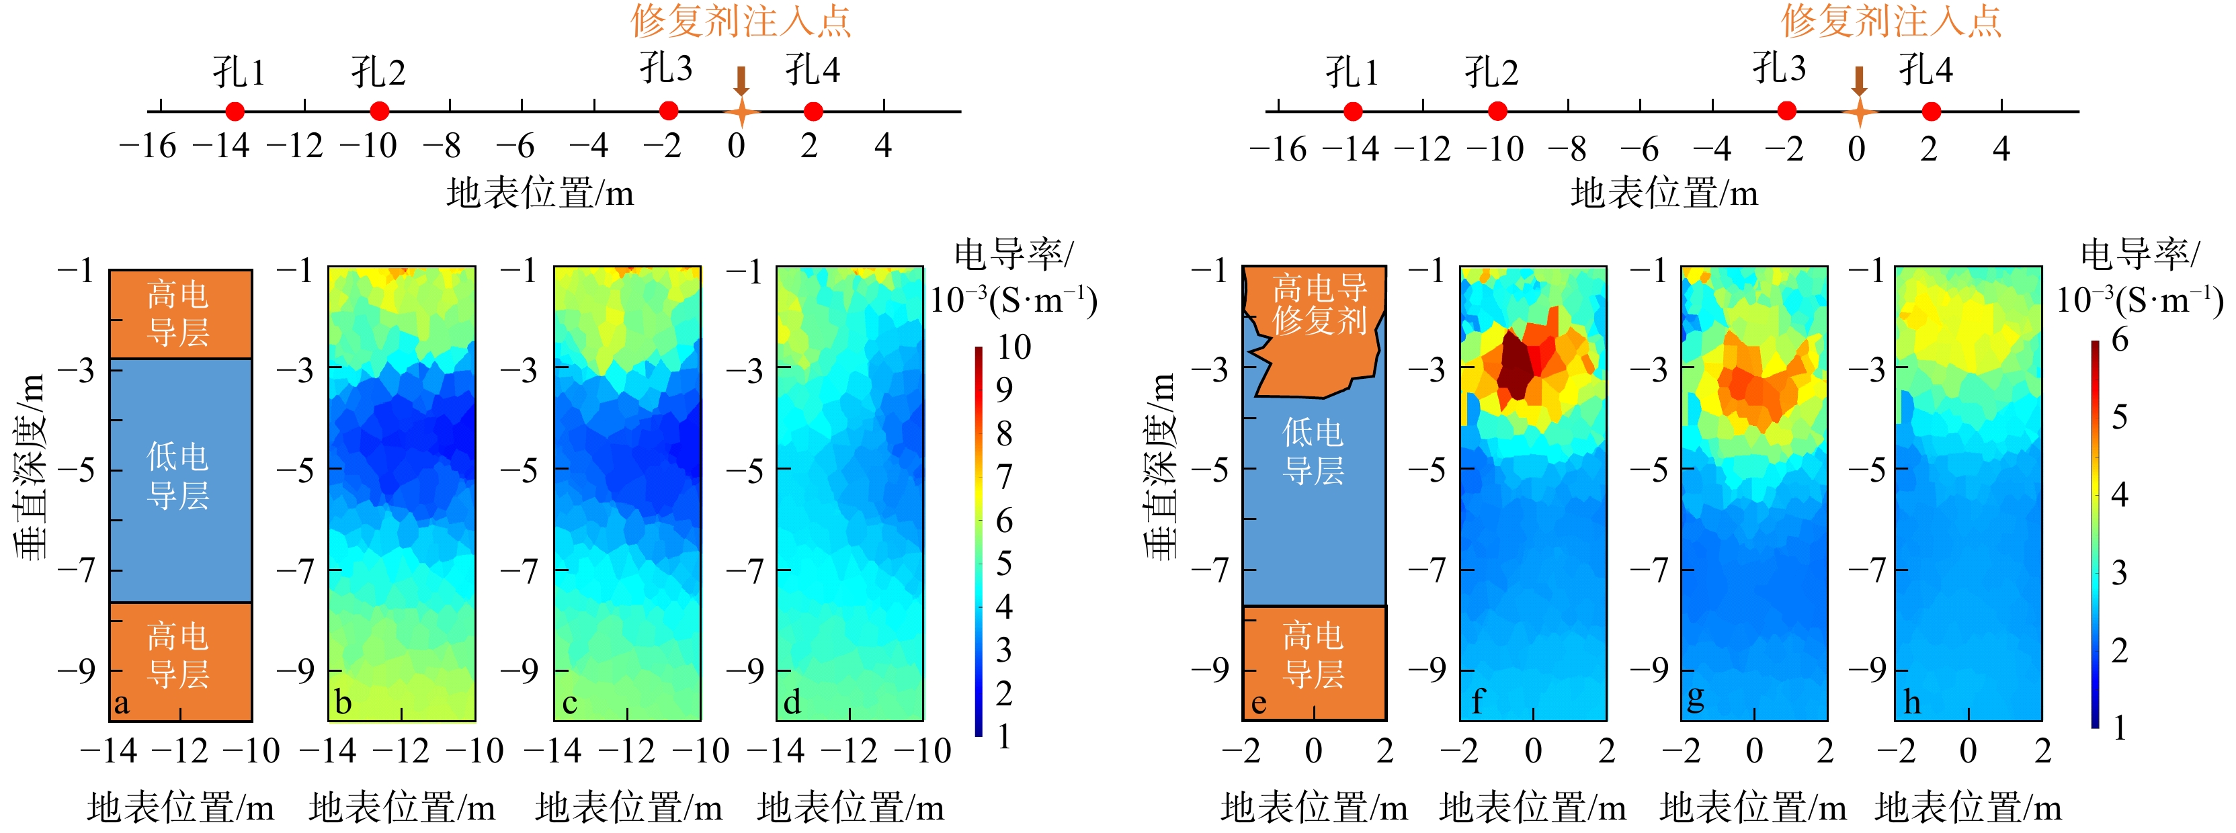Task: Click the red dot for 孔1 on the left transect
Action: point(235,111)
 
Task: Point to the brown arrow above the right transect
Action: point(1858,81)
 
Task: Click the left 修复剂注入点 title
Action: point(741,20)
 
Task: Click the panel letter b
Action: point(343,702)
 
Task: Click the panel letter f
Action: point(1477,701)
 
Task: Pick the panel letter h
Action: point(1911,702)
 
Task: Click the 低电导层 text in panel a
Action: point(178,476)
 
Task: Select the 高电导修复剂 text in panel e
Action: point(1319,304)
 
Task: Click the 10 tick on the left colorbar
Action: point(1013,347)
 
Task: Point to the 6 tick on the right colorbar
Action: point(2120,339)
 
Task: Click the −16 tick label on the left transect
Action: point(148,146)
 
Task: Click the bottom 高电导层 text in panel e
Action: point(1313,655)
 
